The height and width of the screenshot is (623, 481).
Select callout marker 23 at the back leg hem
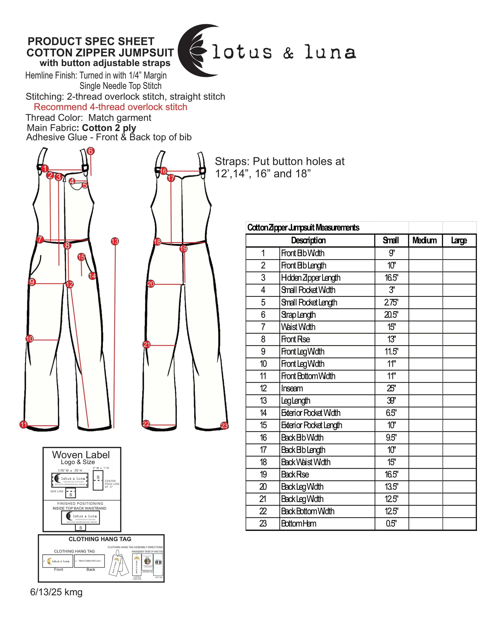(224, 426)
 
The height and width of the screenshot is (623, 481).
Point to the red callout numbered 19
(183, 248)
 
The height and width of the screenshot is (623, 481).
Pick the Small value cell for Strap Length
(391, 315)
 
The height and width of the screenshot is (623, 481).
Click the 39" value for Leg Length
(391, 401)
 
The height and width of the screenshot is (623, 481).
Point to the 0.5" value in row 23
(391, 523)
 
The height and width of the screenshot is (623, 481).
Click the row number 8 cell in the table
(263, 339)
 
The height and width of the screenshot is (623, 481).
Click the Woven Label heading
(81, 454)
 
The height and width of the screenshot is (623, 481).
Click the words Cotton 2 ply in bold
(109, 128)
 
